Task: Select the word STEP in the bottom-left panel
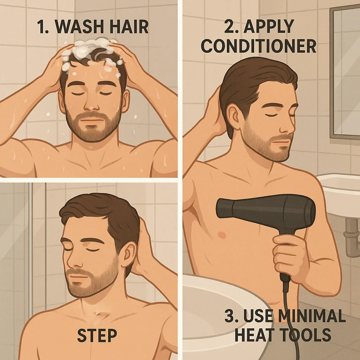click(97, 336)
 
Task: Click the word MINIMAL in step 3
click(309, 317)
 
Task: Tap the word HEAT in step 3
click(251, 335)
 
